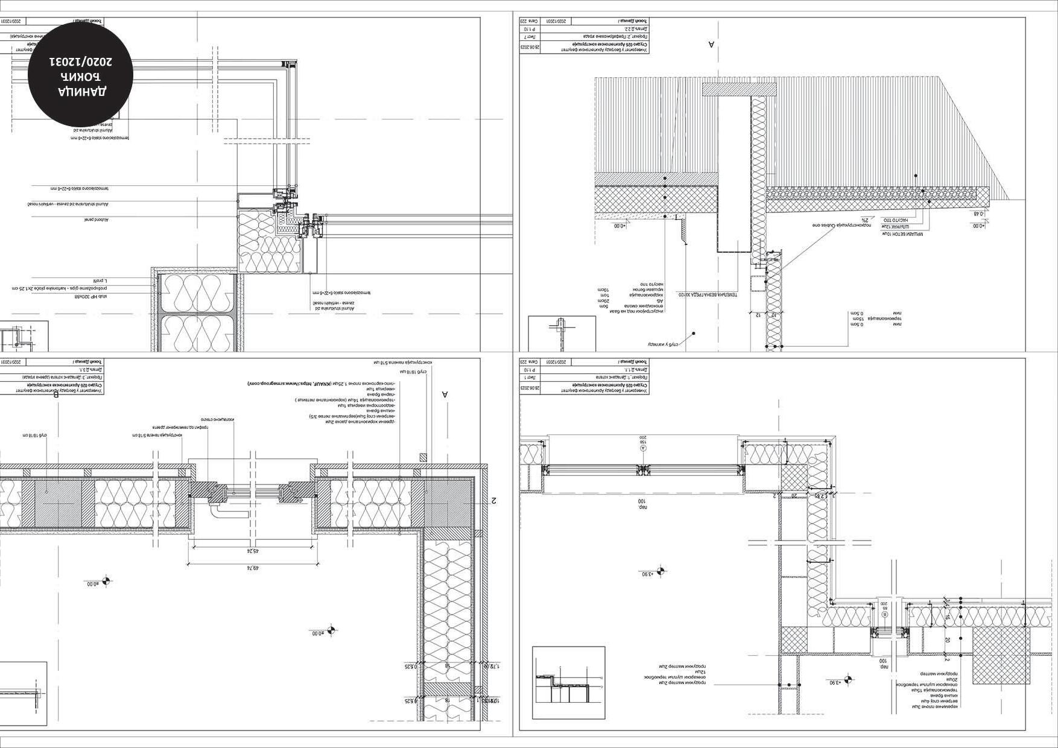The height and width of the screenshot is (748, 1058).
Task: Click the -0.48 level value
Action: tap(979, 214)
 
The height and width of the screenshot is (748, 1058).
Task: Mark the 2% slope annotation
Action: tap(864, 220)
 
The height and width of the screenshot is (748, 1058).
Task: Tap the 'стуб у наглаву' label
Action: tap(664, 344)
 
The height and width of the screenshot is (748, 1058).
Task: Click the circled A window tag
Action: tap(642, 448)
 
